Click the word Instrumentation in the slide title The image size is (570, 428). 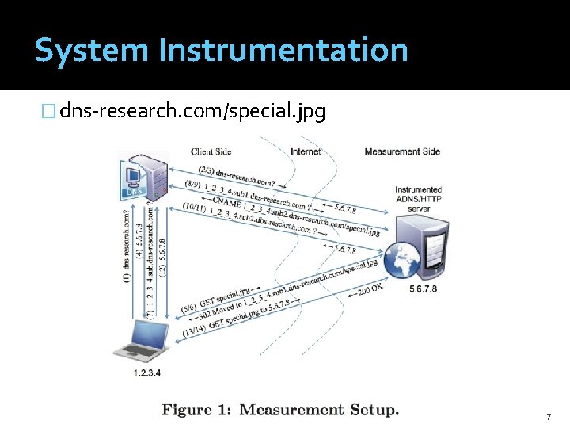[283, 51]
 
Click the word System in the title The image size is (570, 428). [92, 51]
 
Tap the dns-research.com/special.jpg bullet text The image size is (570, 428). [192, 112]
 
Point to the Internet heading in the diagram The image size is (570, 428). [306, 151]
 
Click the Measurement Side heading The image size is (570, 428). [402, 151]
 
